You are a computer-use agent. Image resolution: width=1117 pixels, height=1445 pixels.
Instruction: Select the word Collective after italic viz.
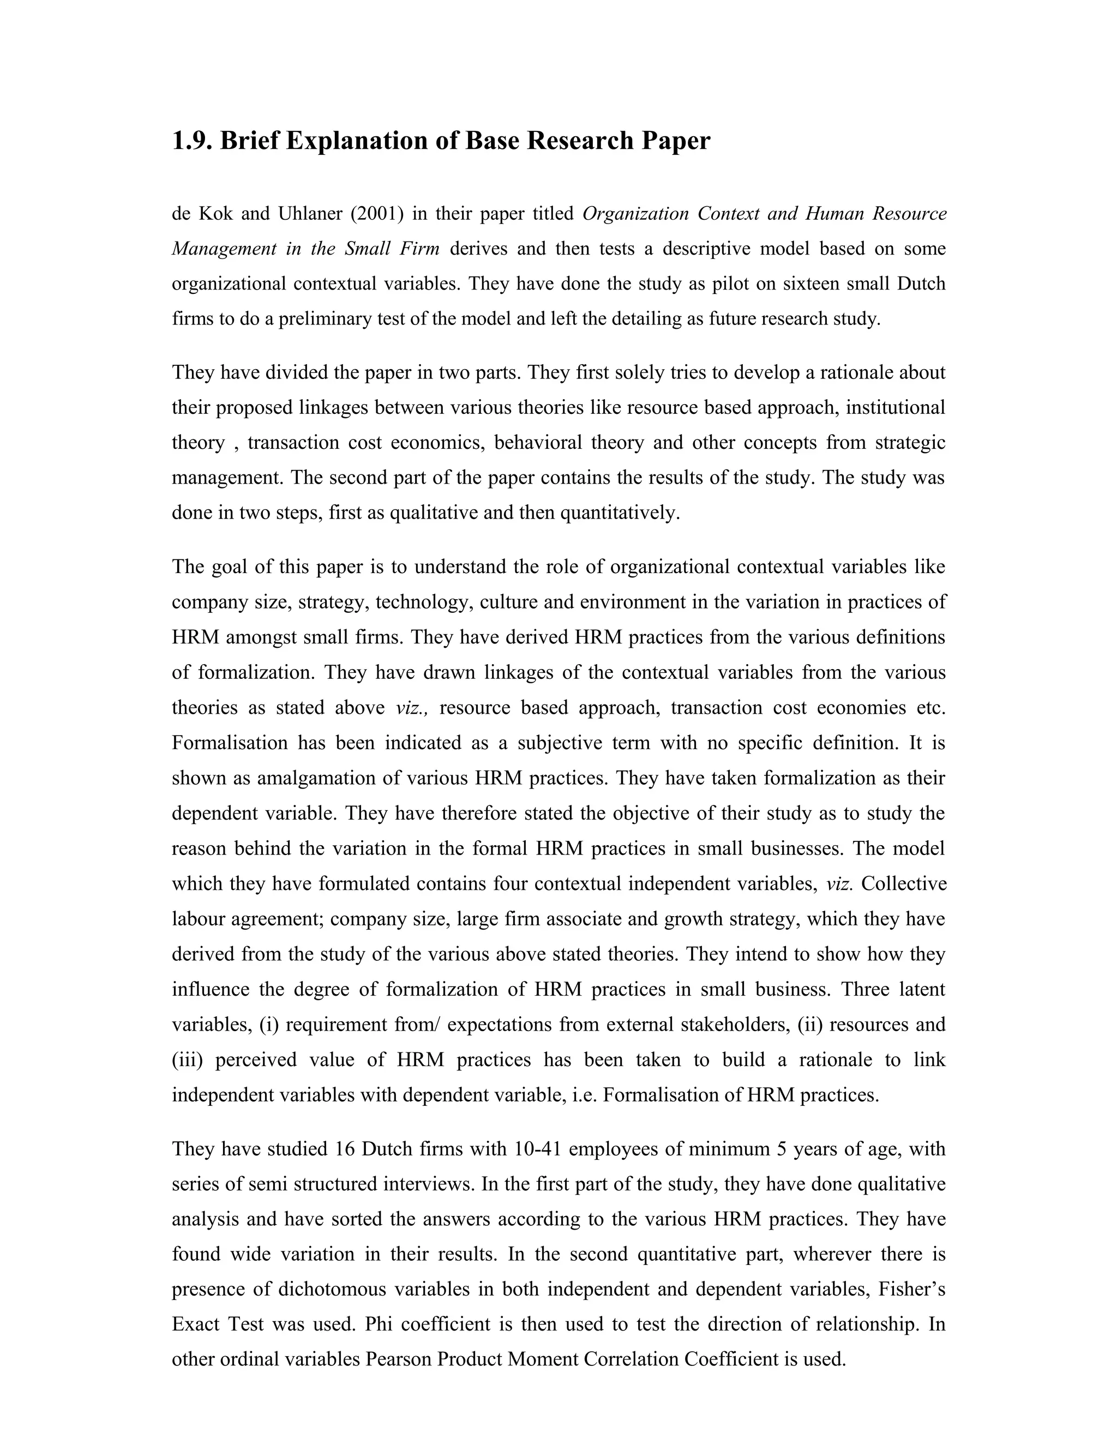click(904, 884)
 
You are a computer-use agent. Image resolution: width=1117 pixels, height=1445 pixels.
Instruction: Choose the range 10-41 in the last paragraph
click(537, 1149)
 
